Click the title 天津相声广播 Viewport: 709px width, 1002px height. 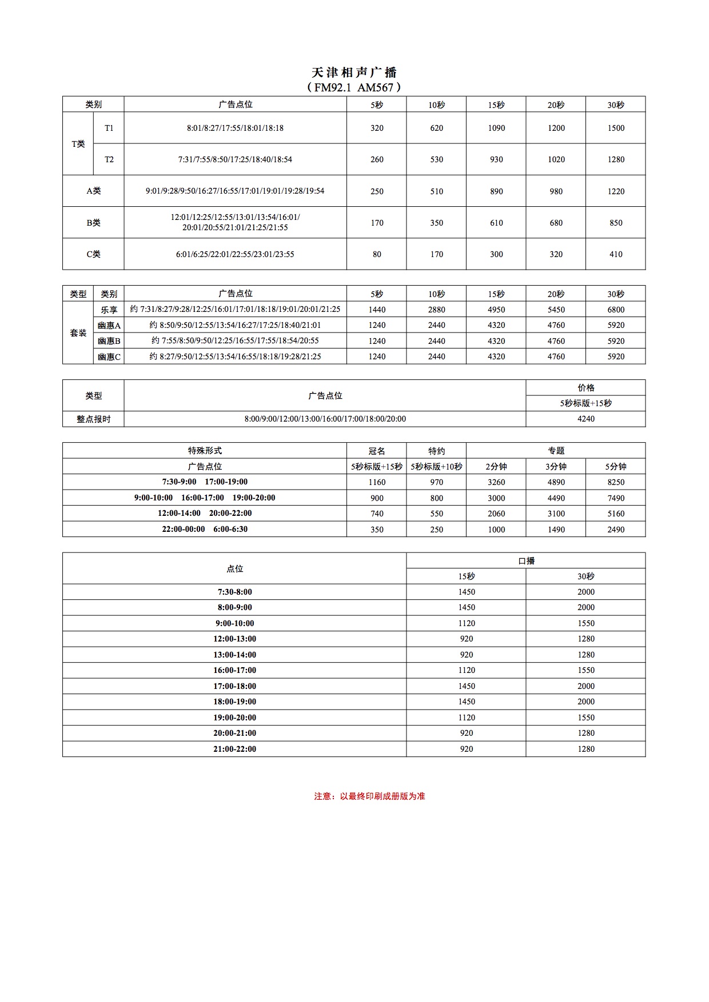click(354, 73)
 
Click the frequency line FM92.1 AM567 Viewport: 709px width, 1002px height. click(354, 87)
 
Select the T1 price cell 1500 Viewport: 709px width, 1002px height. click(616, 128)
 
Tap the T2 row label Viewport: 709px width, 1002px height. click(109, 159)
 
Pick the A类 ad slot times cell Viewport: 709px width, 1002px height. click(235, 191)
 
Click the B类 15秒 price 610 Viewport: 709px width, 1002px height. click(496, 223)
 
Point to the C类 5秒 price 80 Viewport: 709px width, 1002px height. click(377, 254)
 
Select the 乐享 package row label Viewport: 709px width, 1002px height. click(109, 310)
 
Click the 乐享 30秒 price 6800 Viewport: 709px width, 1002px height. click(616, 310)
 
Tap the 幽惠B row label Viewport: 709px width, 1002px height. click(109, 341)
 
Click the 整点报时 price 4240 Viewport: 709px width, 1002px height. click(586, 419)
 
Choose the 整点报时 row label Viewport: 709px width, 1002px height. click(93, 419)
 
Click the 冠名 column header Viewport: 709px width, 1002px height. click(377, 451)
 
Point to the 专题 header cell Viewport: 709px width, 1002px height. click(556, 451)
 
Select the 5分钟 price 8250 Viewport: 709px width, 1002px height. click(616, 482)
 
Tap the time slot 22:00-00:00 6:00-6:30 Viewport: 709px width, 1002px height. click(205, 529)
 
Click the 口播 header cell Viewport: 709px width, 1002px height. click(526, 561)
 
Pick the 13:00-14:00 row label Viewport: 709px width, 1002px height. click(234, 655)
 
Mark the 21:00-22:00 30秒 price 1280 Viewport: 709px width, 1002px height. click(586, 749)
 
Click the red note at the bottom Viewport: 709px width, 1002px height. click(369, 796)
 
